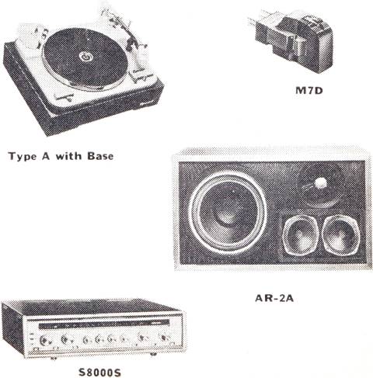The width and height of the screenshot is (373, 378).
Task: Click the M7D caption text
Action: coord(309,91)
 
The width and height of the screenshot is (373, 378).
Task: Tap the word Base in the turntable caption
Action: coord(100,156)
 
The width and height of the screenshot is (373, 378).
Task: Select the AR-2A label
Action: coord(274,298)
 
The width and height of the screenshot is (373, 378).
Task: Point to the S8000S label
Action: coord(99,373)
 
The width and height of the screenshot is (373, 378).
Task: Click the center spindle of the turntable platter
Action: coord(85,57)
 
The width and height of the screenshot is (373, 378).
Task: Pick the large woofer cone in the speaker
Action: coord(228,213)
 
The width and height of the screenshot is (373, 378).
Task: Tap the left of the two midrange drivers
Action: coord(302,235)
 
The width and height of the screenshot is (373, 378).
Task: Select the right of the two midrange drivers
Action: coord(341,234)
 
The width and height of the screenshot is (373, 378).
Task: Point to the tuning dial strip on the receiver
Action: coord(103,324)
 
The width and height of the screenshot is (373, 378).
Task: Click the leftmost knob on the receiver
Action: coord(44,339)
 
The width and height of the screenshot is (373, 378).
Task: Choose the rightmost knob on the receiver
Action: coord(165,338)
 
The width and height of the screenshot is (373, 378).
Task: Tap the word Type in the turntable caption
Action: coord(23,157)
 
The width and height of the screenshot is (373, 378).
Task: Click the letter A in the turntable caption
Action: coord(46,156)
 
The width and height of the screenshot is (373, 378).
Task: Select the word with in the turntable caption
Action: coord(68,156)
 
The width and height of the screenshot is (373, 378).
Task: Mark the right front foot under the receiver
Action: coord(153,354)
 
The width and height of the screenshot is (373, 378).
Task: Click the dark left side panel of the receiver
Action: coord(12,328)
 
